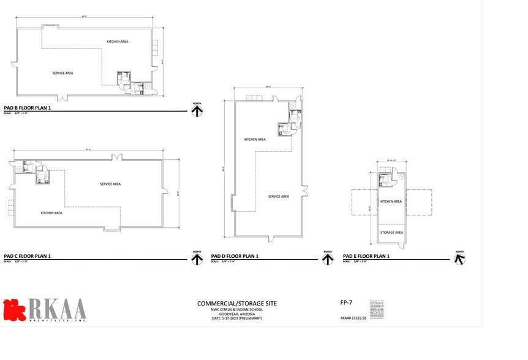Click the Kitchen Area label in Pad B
118,42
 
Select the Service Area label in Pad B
62,73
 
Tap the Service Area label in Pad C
110,184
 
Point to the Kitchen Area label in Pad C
51,213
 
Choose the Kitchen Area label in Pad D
255,140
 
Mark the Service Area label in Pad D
278,197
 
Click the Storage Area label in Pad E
391,233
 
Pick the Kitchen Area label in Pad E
391,201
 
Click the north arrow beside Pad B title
197,110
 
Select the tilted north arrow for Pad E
459,258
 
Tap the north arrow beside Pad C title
197,258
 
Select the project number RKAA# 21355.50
353,318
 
